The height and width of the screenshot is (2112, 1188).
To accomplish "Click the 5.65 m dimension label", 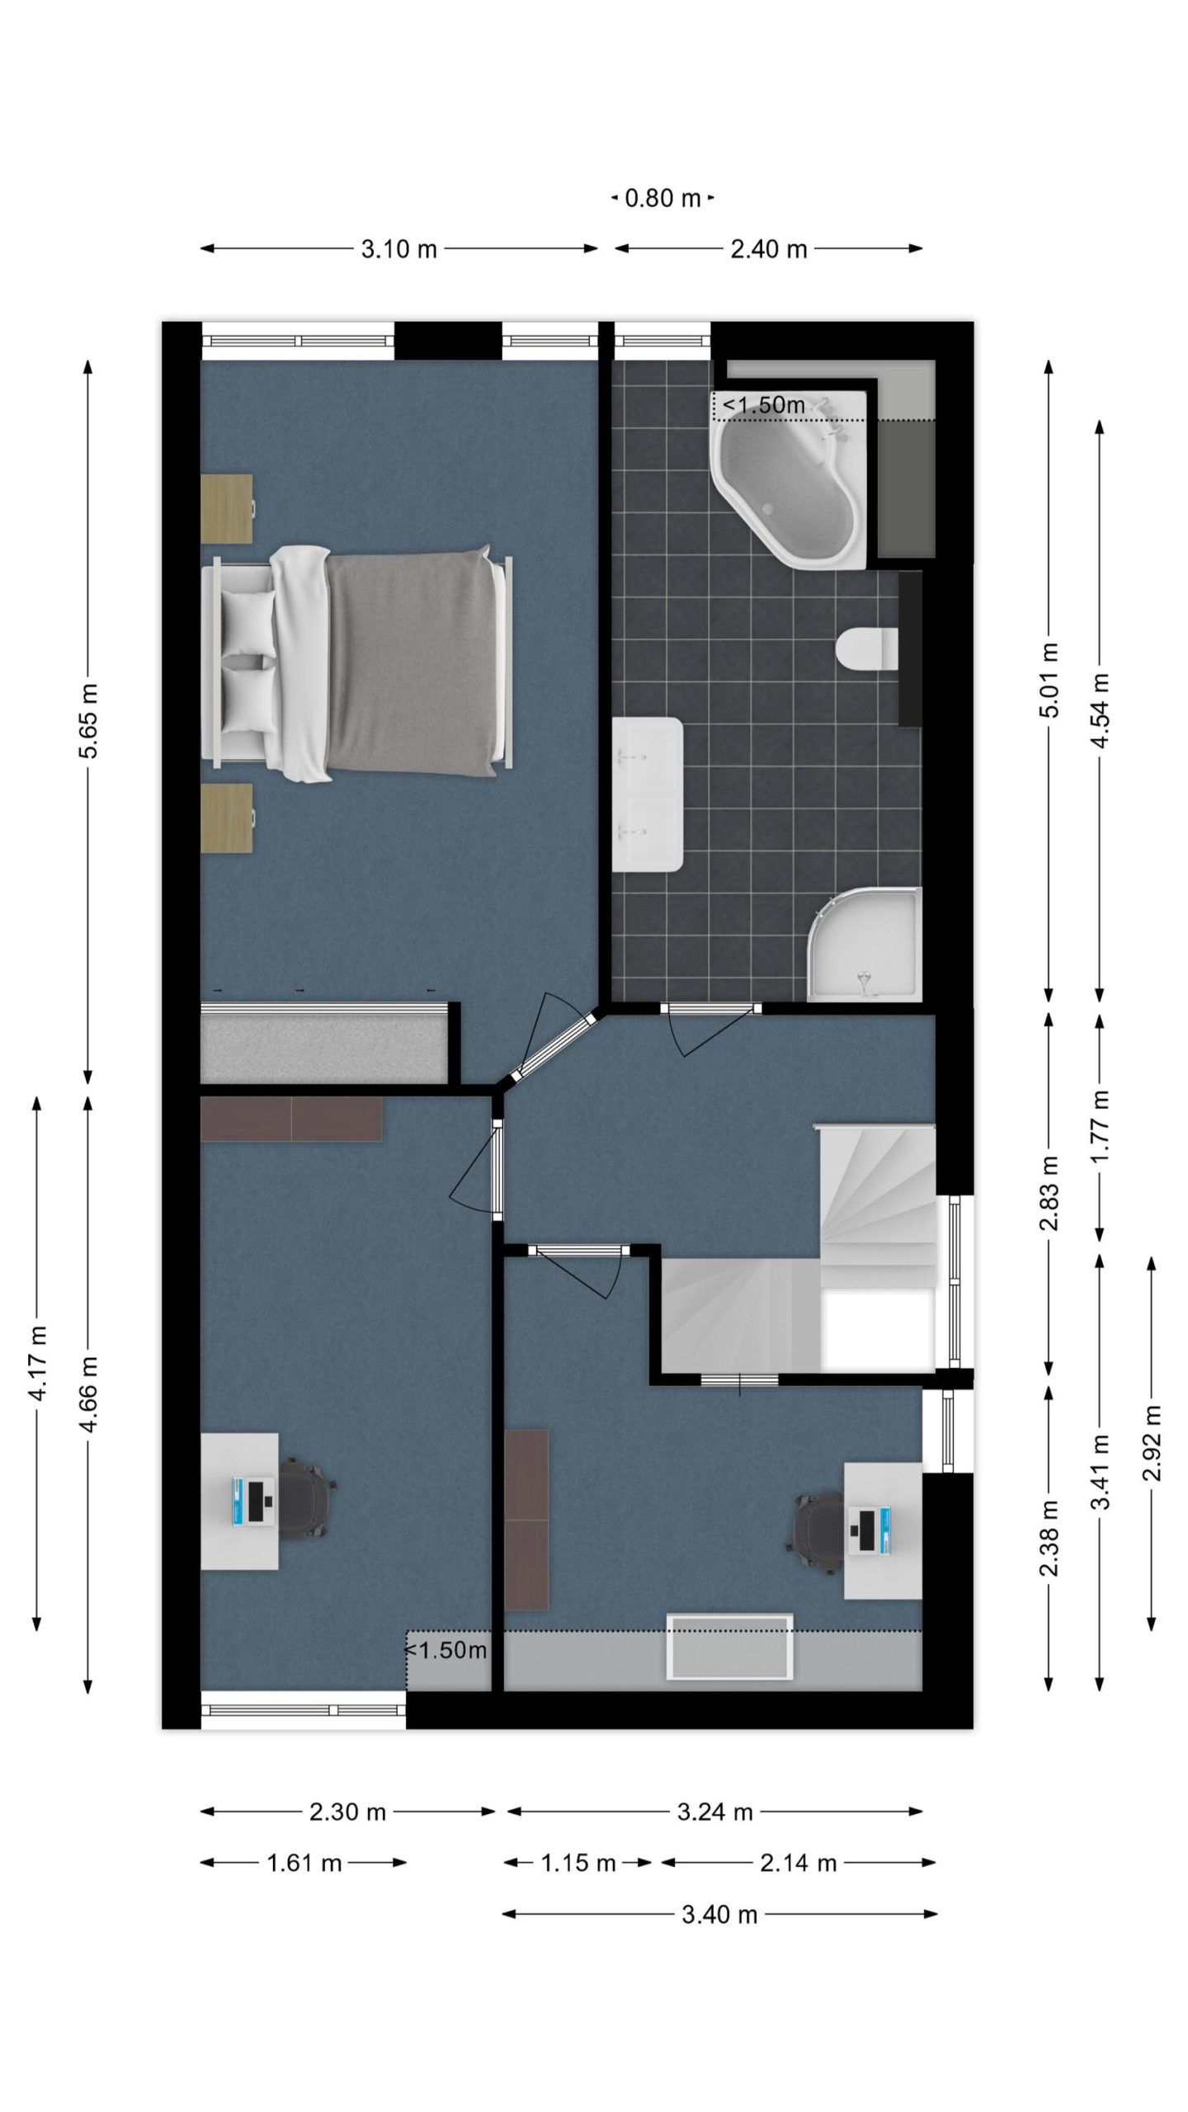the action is pos(88,719).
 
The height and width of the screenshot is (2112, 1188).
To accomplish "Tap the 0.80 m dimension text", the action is pos(662,198).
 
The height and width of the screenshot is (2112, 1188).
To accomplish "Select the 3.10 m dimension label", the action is pos(399,248).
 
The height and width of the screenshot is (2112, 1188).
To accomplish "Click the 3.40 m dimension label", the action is pos(719,1914).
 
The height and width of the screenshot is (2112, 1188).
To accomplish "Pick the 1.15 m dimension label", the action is pos(578,1863).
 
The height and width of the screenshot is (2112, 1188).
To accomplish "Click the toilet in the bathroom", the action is pos(867,648).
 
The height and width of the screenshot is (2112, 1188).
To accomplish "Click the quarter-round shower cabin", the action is pos(864,944).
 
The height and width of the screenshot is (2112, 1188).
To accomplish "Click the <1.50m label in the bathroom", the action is pos(764,406).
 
